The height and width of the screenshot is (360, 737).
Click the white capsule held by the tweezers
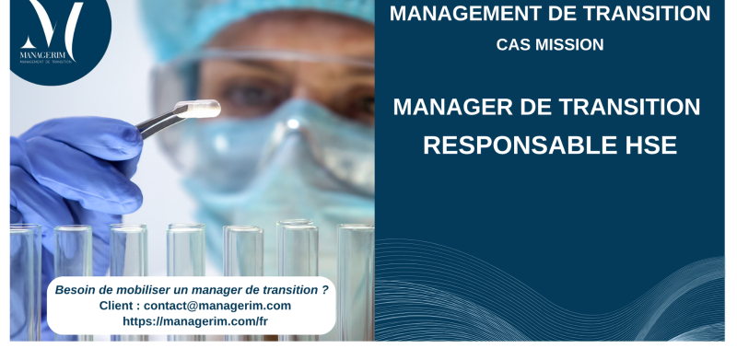click(205, 109)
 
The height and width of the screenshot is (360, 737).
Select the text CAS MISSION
click(550, 43)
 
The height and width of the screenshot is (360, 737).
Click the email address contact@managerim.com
click(217, 306)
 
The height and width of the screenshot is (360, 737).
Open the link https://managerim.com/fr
click(195, 321)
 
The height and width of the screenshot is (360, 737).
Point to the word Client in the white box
click(118, 306)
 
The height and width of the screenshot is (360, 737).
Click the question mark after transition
click(324, 289)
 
